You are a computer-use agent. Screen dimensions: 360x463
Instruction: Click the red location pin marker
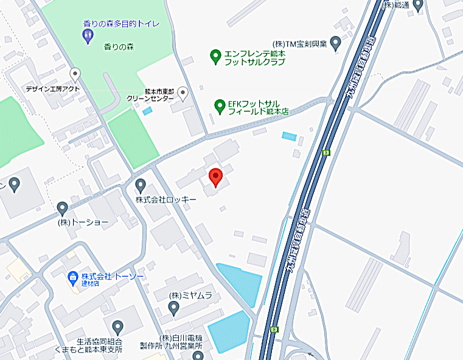click(x=215, y=177)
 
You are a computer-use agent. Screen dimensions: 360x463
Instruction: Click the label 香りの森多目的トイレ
click(x=121, y=24)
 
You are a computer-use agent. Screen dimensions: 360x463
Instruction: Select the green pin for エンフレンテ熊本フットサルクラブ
click(x=215, y=57)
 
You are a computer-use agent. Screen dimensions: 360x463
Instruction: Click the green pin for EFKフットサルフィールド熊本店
click(x=220, y=107)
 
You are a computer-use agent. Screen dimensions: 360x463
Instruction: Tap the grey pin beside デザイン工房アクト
click(x=75, y=75)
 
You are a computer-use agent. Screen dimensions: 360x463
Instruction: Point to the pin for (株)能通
click(x=417, y=5)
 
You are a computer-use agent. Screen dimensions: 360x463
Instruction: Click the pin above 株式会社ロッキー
click(x=141, y=185)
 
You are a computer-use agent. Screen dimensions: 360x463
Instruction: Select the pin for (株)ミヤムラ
click(x=173, y=308)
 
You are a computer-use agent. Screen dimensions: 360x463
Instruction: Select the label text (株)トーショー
click(x=83, y=223)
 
